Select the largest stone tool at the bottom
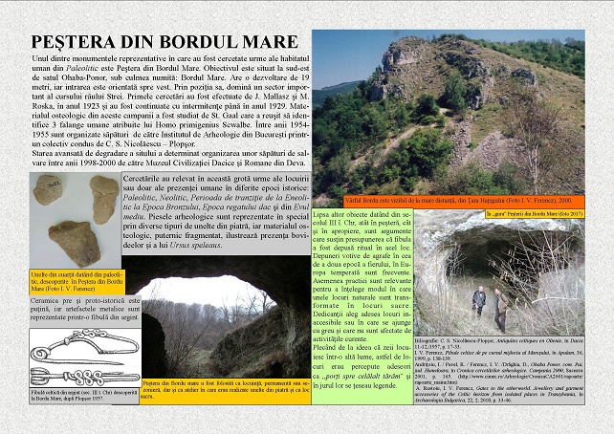click(74, 244)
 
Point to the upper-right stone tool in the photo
click(103, 198)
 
